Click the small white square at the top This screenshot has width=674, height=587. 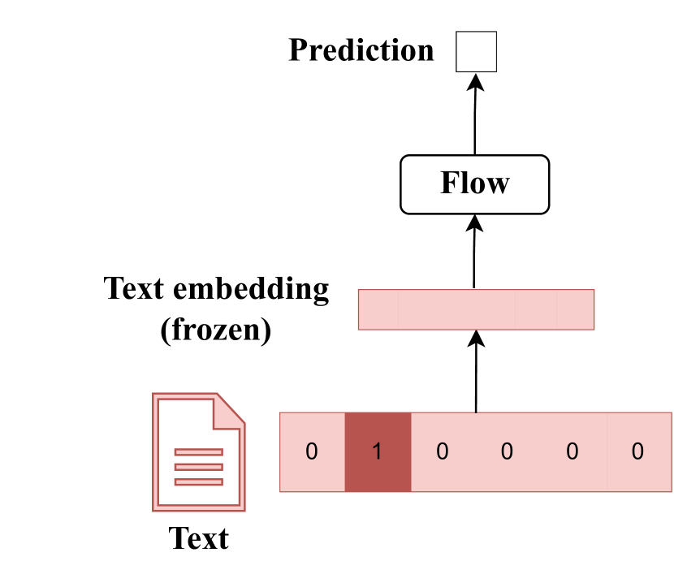tap(476, 52)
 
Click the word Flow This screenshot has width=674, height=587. tap(474, 183)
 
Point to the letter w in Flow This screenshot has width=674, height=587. tap(498, 186)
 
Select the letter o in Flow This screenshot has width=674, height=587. tap(478, 186)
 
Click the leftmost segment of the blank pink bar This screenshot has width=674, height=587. tap(378, 309)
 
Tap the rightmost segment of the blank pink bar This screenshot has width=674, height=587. tap(576, 309)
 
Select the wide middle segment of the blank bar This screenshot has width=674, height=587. tap(456, 309)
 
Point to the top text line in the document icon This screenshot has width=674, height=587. tap(198, 452)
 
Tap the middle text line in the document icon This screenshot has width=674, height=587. tap(198, 467)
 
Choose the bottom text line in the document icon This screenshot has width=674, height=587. tap(198, 482)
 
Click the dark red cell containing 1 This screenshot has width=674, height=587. tap(378, 452)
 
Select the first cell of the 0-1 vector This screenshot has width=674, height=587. tap(312, 452)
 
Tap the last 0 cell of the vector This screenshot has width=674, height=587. tap(638, 452)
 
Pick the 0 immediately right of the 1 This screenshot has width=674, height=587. tap(443, 452)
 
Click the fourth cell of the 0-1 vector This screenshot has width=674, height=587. tap(508, 452)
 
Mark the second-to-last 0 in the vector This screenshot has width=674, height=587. tap(572, 452)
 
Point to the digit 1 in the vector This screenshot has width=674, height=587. tap(378, 452)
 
